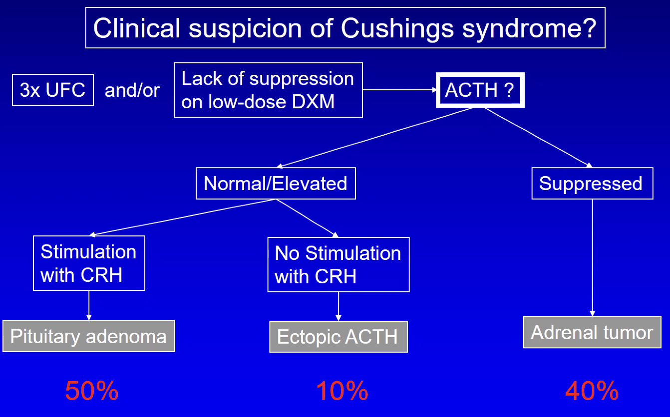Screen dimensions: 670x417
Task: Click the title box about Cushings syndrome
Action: [x=345, y=28]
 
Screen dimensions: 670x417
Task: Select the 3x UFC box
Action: [x=53, y=90]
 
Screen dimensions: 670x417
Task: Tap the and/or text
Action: [x=132, y=90]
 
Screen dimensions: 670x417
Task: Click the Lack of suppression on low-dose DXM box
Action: [x=268, y=90]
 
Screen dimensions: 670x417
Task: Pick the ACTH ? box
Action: [x=480, y=90]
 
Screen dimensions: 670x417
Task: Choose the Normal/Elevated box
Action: [x=276, y=183]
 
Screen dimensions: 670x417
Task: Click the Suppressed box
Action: [x=592, y=183]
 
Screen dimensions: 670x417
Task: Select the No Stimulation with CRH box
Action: [x=338, y=264]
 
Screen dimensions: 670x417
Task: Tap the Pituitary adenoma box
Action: [x=89, y=336]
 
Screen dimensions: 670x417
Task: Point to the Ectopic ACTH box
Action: [x=338, y=337]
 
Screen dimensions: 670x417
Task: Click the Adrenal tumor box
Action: [x=592, y=332]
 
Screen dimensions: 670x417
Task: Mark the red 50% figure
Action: [x=92, y=391]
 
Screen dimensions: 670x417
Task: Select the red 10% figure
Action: [x=342, y=391]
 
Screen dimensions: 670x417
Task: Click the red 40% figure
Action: [x=592, y=391]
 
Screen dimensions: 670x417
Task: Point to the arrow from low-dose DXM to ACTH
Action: [x=399, y=90]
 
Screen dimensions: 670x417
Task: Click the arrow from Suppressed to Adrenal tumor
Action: [x=592, y=258]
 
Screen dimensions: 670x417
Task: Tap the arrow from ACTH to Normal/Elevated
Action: [x=375, y=138]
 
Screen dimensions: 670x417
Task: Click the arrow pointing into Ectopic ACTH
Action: [x=338, y=306]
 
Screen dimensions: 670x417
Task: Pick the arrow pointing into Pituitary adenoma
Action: [x=89, y=305]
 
